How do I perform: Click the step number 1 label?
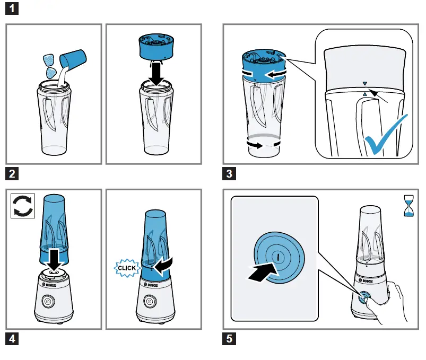click(x=12, y=8)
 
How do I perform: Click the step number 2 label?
click(x=12, y=174)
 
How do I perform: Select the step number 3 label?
click(x=229, y=174)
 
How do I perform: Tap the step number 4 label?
click(x=12, y=339)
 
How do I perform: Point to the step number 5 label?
click(x=229, y=339)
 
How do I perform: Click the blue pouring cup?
click(x=73, y=59)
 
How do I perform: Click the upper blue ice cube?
click(x=49, y=60)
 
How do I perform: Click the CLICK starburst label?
click(x=127, y=268)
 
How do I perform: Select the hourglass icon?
click(x=409, y=206)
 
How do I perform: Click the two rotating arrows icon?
click(x=23, y=206)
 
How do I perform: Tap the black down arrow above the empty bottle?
click(x=156, y=73)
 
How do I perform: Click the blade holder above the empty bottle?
click(x=156, y=47)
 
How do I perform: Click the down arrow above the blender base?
click(x=54, y=260)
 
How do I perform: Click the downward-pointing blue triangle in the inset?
click(x=365, y=84)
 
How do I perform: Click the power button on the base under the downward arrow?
click(x=48, y=301)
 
